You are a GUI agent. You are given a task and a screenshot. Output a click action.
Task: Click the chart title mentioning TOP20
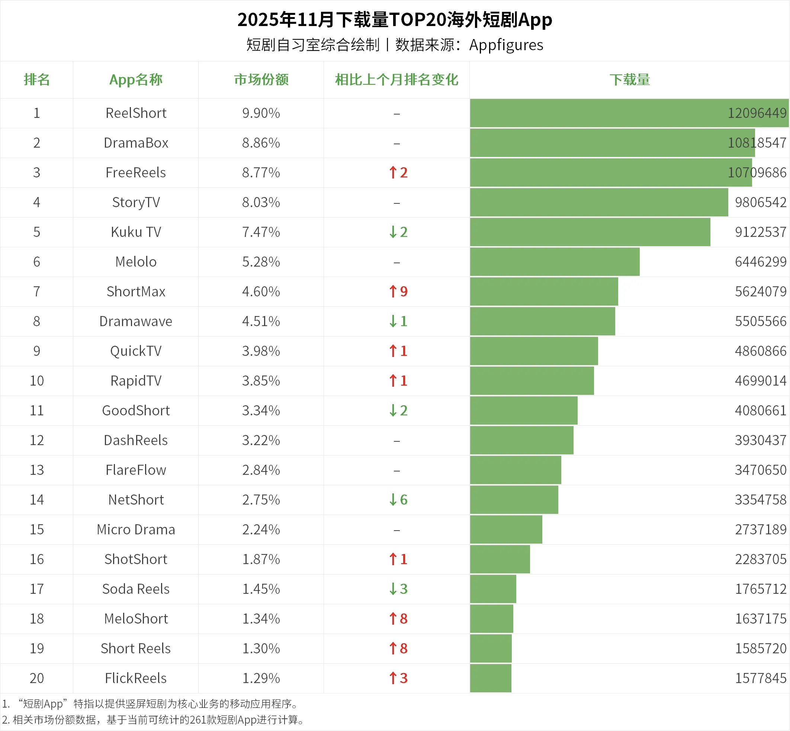(394, 20)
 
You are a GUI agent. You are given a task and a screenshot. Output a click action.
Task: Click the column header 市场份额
(261, 80)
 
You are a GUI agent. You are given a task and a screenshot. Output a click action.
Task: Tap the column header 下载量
(629, 80)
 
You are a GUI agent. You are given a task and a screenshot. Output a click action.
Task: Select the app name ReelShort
(136, 113)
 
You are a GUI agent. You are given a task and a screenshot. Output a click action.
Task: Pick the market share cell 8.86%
(261, 143)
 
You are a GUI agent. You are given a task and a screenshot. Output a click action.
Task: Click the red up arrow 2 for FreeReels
(398, 173)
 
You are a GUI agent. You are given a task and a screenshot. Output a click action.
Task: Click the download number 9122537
(760, 232)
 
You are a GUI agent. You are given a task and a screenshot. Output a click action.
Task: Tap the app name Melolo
(136, 262)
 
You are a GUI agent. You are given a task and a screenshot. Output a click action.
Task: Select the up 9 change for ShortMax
(398, 292)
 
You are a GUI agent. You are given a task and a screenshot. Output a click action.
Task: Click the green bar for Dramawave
(542, 321)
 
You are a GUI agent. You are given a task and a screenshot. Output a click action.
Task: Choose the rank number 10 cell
(37, 381)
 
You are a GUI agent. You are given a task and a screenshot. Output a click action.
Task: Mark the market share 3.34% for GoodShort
(261, 410)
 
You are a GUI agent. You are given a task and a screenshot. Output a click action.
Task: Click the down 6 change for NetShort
(398, 500)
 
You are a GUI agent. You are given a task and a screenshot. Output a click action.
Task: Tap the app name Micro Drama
(136, 529)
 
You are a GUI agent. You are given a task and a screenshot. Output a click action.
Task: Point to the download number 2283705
(760, 559)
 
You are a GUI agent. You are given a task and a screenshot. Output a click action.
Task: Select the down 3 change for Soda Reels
(398, 589)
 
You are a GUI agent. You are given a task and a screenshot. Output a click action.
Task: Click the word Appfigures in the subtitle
(506, 45)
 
